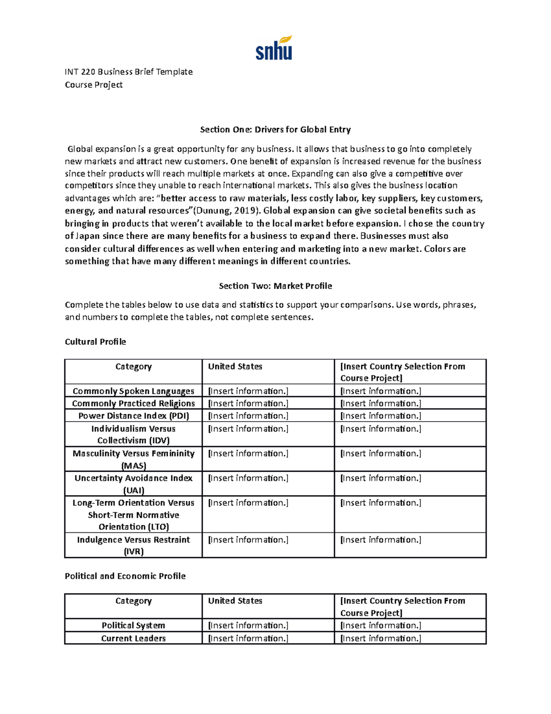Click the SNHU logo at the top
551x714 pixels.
click(274, 48)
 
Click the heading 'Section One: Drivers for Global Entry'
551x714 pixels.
click(275, 130)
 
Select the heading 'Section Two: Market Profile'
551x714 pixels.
click(275, 286)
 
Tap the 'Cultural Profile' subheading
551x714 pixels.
click(95, 342)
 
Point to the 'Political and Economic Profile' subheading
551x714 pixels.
click(125, 576)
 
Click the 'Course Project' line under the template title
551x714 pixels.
click(94, 85)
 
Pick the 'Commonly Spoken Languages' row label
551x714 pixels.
click(133, 391)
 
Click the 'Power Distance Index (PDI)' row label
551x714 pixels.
click(133, 416)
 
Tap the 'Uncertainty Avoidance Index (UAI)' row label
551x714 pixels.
click(133, 484)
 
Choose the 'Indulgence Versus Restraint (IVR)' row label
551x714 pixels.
click(133, 545)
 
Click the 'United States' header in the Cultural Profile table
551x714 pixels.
click(235, 367)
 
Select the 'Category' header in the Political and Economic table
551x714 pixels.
click(133, 601)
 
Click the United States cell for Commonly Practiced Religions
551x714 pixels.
click(248, 404)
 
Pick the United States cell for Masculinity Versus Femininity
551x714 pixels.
click(248, 454)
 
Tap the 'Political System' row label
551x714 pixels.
click(133, 626)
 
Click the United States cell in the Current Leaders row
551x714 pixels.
click(248, 639)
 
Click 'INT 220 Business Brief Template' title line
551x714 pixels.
click(129, 72)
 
